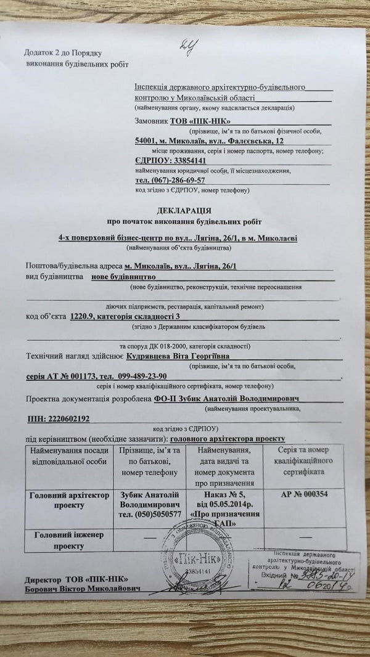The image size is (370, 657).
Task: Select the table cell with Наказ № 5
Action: pos(224,504)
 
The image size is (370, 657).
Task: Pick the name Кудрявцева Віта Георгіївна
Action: pos(179,357)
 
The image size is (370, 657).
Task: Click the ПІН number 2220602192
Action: pos(59,418)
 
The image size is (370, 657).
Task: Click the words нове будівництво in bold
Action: pos(123,278)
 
